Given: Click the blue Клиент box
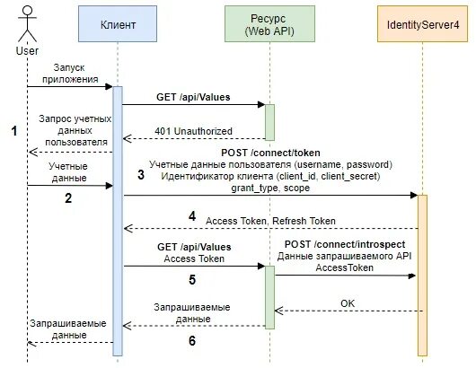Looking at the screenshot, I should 116,26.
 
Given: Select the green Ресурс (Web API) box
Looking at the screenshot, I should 269,26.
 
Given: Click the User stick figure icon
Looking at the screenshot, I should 27,22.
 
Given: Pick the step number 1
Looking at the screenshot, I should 13,131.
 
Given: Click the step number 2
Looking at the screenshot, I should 67,199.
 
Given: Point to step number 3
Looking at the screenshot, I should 140,176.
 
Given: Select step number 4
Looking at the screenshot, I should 190,216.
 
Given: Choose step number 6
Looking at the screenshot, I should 190,341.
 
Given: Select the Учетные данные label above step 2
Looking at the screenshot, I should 67,171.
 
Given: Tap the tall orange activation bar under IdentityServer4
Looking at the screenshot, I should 422,269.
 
